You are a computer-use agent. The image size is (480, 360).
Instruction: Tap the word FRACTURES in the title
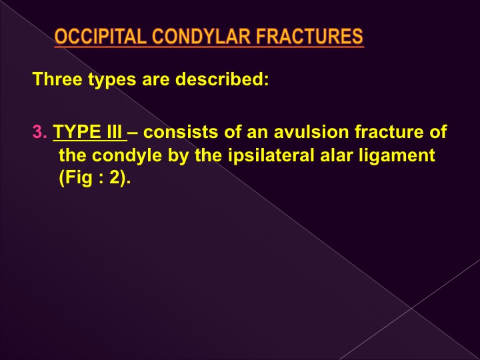[x=309, y=36]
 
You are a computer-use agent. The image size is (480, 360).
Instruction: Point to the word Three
[x=57, y=79]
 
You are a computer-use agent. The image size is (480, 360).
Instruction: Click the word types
[x=112, y=80]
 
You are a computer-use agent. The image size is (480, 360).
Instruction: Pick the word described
[x=222, y=79]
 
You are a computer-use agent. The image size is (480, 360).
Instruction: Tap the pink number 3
[x=40, y=131]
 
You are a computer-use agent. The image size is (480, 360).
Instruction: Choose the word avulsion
[x=311, y=131]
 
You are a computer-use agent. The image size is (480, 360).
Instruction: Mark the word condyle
[x=127, y=155]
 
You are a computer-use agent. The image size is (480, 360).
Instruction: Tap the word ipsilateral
[x=271, y=155]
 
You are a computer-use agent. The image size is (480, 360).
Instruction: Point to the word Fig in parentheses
[x=75, y=178]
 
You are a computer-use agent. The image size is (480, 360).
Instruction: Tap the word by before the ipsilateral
[x=177, y=155]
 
